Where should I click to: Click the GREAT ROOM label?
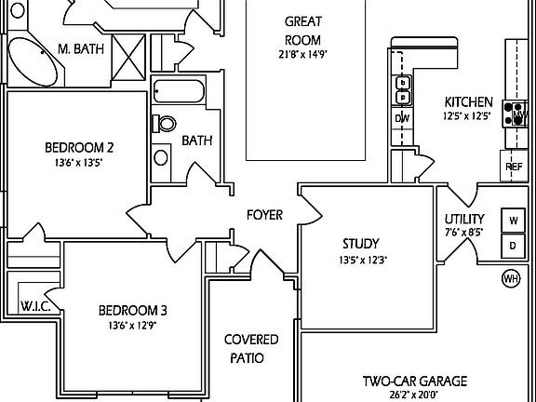tap(302, 30)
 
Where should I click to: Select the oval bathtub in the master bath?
tap(33, 66)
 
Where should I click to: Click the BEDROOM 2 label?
tap(79, 147)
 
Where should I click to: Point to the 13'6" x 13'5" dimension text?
tap(79, 163)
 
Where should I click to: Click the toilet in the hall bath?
tap(166, 123)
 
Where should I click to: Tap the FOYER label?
tap(264, 215)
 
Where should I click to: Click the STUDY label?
tap(360, 244)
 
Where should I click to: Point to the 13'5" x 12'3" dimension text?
tap(362, 261)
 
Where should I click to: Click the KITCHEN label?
tap(468, 102)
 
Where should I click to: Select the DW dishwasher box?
tap(403, 118)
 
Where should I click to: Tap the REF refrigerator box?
tap(514, 167)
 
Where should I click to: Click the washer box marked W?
tap(513, 221)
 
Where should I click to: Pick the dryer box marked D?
tap(513, 246)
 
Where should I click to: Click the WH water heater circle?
tap(510, 278)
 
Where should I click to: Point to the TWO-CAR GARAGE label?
tap(414, 381)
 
